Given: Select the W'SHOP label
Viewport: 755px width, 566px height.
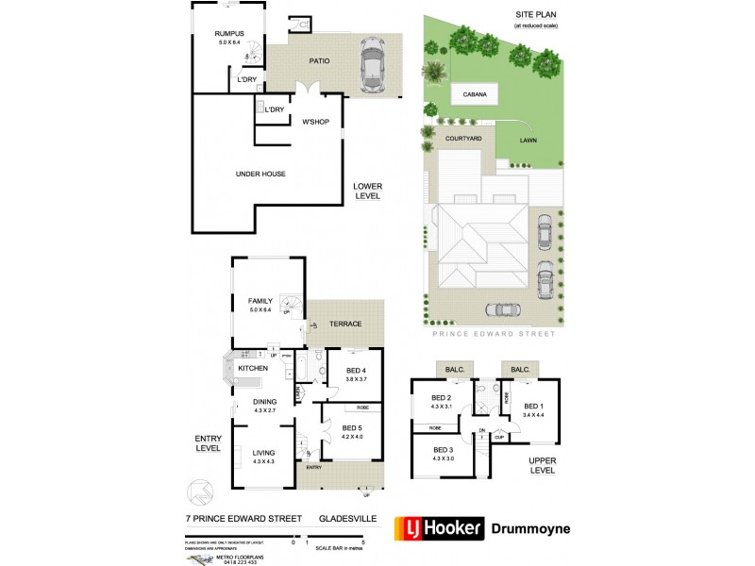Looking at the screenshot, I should (314, 123).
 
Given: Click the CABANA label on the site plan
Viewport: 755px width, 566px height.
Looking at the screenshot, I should (474, 94).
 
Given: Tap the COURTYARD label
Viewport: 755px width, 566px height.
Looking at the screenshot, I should (463, 139).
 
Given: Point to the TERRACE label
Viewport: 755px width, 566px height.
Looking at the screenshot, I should (345, 324).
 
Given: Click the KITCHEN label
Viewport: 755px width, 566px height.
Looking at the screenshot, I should (252, 367).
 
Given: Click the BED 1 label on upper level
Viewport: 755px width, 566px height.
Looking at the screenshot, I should (534, 406).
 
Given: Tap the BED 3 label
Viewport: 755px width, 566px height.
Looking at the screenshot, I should (443, 450).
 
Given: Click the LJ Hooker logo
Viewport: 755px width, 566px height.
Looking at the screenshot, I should (439, 529).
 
